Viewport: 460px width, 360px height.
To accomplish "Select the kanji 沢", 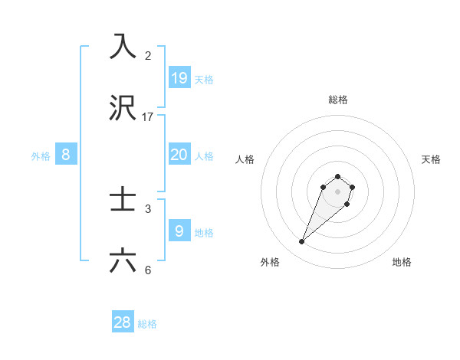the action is pyautogui.click(x=123, y=109).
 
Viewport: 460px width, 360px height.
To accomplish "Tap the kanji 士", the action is pyautogui.click(x=123, y=201).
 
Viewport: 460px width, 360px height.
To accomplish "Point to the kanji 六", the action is pyautogui.click(x=123, y=261).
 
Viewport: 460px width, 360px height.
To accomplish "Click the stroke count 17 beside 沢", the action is pyautogui.click(x=148, y=117).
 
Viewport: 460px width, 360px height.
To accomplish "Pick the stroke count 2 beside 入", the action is pyautogui.click(x=148, y=55).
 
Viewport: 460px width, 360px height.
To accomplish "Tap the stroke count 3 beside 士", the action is pyautogui.click(x=148, y=208).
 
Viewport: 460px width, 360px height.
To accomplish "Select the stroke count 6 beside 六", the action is pyautogui.click(x=148, y=270).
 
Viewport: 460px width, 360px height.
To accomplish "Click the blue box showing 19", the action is pyautogui.click(x=179, y=77).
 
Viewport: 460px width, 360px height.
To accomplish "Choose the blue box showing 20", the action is pyautogui.click(x=179, y=154).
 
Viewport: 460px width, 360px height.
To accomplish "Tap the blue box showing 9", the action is pyautogui.click(x=179, y=231).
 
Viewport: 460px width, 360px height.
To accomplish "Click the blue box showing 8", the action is pyautogui.click(x=66, y=154).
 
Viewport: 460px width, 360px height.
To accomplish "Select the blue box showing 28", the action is pyautogui.click(x=123, y=322).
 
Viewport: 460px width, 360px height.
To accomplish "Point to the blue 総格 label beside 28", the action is pyautogui.click(x=147, y=324).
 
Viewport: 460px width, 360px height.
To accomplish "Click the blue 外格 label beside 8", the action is pyautogui.click(x=41, y=156).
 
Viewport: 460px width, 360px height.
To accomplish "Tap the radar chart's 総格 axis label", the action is pyautogui.click(x=338, y=100).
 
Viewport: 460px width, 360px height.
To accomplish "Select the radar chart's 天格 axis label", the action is pyautogui.click(x=431, y=159).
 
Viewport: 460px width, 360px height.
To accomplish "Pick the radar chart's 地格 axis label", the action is pyautogui.click(x=402, y=262).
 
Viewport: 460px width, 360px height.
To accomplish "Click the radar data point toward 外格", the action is pyautogui.click(x=302, y=242).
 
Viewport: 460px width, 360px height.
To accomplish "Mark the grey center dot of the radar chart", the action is pyautogui.click(x=338, y=191).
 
